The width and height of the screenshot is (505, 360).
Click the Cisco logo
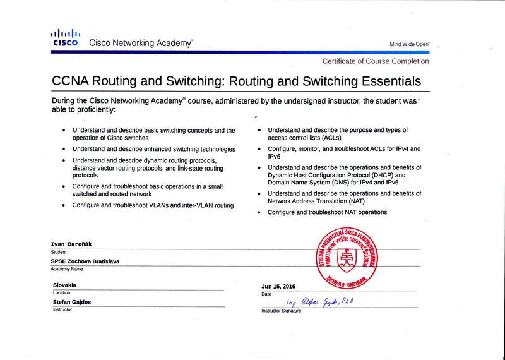[x=66, y=38]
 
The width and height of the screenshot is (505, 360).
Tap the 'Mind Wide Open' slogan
[x=409, y=44]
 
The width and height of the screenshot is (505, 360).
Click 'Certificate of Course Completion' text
[x=375, y=61]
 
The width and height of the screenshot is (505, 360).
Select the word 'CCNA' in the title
[x=71, y=81]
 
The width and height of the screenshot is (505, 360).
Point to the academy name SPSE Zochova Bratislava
[x=85, y=261]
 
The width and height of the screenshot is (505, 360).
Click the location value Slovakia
[x=65, y=285]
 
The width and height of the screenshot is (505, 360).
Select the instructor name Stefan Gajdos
[x=72, y=302]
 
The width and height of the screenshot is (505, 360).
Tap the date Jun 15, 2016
[x=278, y=286]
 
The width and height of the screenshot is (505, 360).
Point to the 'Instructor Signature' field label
[x=281, y=311]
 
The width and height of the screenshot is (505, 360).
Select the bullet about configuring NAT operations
[x=327, y=212]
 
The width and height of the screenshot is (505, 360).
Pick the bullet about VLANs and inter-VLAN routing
[x=153, y=205]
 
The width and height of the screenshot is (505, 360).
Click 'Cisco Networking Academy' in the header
[x=141, y=44]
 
